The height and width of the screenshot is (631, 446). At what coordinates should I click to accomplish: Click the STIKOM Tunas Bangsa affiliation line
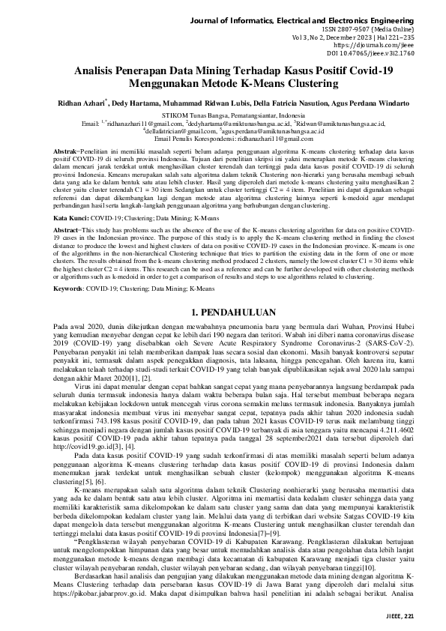tap(223, 114)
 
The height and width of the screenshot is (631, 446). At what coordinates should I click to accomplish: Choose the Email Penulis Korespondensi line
tap(223, 139)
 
